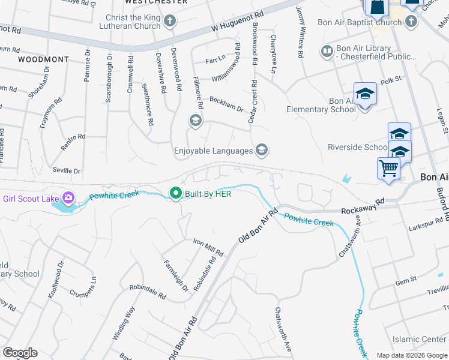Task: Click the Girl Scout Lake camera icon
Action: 68,197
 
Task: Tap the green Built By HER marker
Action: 175,193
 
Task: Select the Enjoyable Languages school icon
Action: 261,150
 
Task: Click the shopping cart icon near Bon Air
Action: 388,168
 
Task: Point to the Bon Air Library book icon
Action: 327,52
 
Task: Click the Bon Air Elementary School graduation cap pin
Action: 364,94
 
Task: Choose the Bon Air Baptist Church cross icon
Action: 411,23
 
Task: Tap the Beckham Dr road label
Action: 226,104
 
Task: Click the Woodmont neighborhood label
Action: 43,60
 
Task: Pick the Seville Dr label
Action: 66,171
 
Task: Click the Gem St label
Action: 406,280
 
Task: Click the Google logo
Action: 20,353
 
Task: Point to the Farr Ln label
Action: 215,60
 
